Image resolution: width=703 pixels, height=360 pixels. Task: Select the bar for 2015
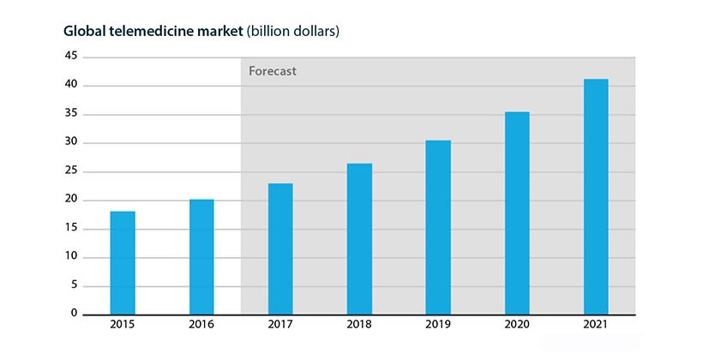click(x=123, y=262)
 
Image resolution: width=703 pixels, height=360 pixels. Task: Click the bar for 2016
click(x=201, y=257)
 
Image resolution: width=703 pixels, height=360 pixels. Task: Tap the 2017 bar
click(x=280, y=249)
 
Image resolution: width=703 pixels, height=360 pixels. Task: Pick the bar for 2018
click(x=359, y=239)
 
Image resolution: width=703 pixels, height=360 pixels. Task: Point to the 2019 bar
click(x=438, y=227)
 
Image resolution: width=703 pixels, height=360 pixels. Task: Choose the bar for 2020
click(x=517, y=213)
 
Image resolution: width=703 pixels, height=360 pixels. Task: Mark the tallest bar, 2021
click(x=596, y=197)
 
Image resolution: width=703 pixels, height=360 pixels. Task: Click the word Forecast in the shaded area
click(x=273, y=71)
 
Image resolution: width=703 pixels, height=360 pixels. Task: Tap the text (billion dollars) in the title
click(x=293, y=32)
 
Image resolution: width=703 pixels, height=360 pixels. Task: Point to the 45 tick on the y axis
click(x=70, y=57)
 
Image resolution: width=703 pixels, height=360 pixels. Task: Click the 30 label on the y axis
click(x=70, y=142)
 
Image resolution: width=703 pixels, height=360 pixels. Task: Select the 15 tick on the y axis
click(x=70, y=228)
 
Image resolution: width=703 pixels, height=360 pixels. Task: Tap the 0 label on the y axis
click(x=74, y=314)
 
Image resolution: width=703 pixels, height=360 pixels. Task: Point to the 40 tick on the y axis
click(x=70, y=85)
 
